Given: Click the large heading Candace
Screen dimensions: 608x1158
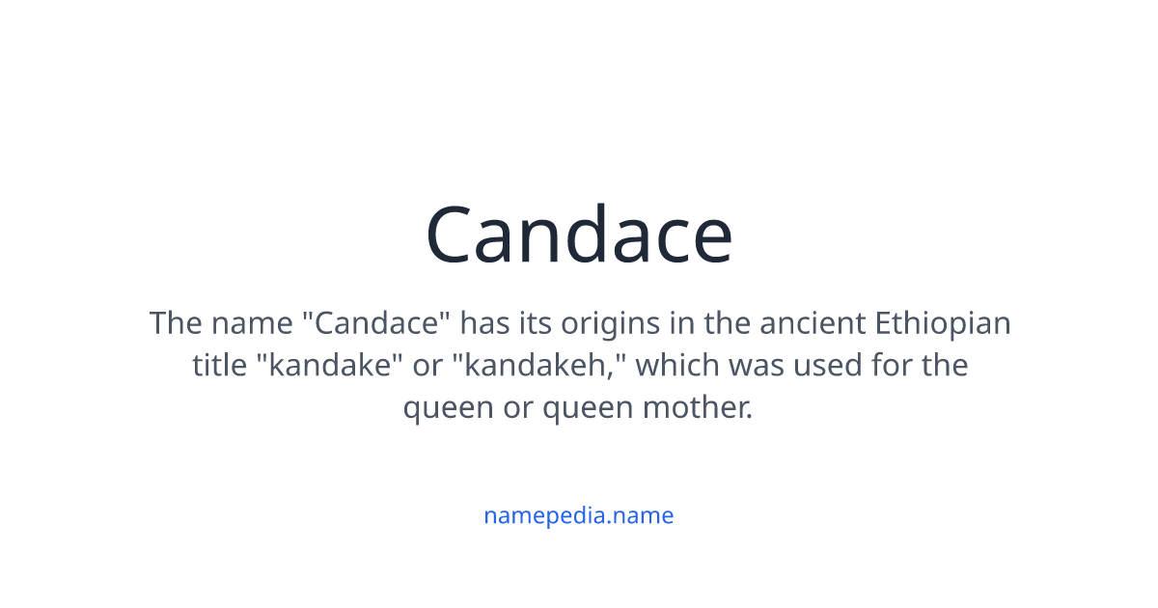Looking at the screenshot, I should click(579, 235).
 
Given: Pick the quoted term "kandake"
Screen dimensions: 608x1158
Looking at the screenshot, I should click(322, 366).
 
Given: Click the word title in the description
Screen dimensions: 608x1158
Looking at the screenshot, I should click(219, 366).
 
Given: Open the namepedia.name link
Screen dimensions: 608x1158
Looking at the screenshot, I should click(579, 515).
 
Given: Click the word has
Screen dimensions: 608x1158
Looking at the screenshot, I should click(490, 322).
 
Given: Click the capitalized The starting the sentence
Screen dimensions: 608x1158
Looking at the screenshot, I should click(175, 322).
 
